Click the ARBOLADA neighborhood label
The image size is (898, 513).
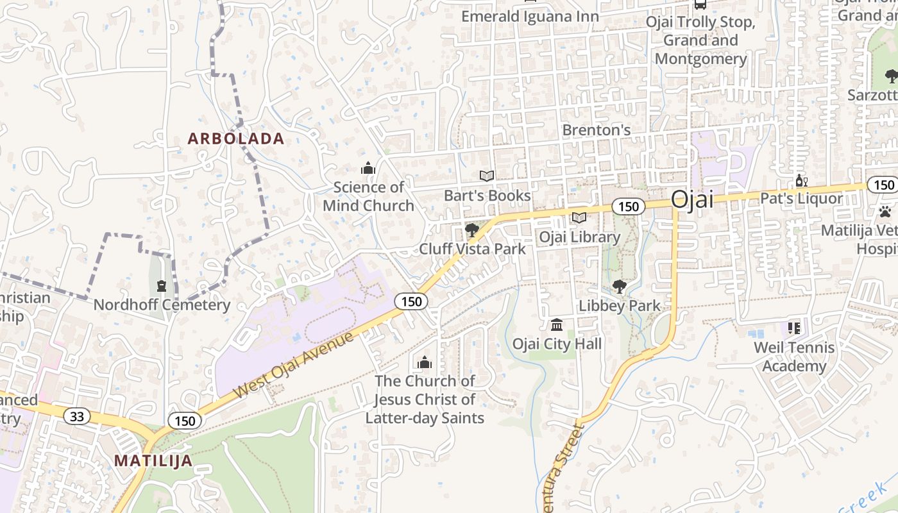(235, 139)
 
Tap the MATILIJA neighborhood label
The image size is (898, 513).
(153, 460)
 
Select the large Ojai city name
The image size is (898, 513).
(692, 199)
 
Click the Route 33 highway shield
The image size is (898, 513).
(77, 417)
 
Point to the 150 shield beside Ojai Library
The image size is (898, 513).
(628, 206)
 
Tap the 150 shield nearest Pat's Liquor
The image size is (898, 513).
(883, 185)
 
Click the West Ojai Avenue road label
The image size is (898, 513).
(294, 364)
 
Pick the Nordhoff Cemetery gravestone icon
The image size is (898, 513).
(162, 286)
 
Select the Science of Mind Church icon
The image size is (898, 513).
(368, 169)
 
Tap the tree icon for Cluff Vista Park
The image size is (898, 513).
(473, 230)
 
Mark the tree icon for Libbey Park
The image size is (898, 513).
(619, 287)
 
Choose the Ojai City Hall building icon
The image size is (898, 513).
(557, 324)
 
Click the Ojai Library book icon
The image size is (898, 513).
(579, 219)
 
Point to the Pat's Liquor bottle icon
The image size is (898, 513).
(800, 181)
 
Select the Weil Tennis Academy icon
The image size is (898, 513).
(794, 329)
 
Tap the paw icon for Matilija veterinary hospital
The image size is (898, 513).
(886, 211)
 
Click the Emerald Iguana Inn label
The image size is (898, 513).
(530, 17)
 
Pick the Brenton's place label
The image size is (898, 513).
(597, 130)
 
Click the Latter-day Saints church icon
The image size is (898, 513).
(425, 362)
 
